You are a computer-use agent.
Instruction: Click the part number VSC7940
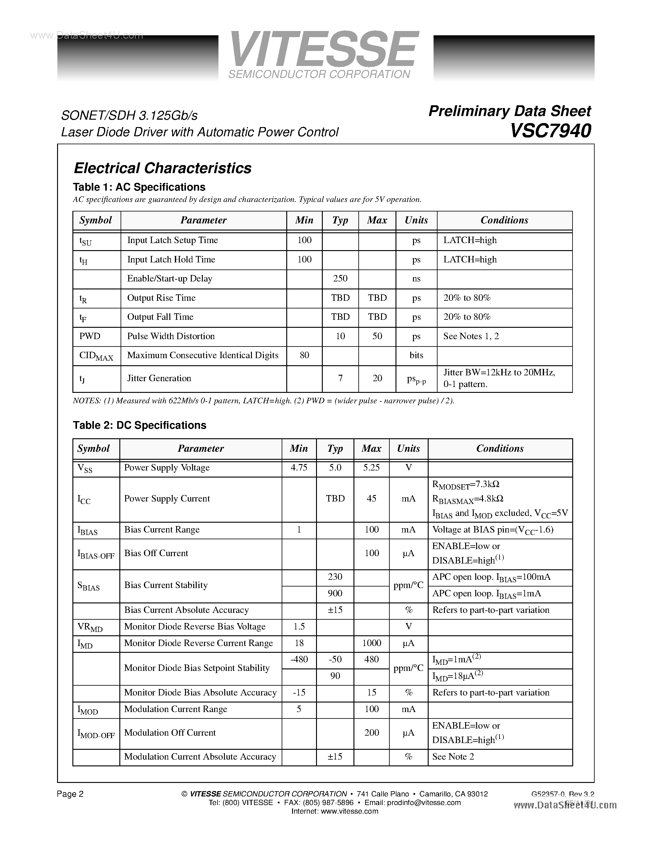click(550, 131)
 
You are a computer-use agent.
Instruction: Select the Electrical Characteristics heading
click(162, 168)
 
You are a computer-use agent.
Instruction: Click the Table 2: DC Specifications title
click(139, 425)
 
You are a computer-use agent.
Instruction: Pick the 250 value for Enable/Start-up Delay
click(340, 279)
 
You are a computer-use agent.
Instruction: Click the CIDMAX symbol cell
click(96, 356)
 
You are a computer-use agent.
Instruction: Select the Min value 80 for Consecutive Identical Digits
click(304, 355)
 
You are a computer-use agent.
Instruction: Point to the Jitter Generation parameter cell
click(159, 378)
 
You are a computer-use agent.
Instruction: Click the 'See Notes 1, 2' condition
click(471, 336)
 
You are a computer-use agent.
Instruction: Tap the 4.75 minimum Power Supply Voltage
click(299, 468)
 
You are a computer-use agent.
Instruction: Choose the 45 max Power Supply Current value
click(371, 498)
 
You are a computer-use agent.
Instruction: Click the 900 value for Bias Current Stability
click(335, 593)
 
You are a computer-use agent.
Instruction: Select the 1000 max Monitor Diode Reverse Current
click(371, 643)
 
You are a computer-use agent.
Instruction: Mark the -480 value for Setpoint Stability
click(299, 659)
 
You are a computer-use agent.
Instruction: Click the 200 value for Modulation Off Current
click(371, 733)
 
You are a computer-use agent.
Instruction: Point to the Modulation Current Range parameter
click(176, 709)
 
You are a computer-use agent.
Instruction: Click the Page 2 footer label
click(70, 794)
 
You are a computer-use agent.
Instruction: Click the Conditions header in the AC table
click(504, 220)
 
